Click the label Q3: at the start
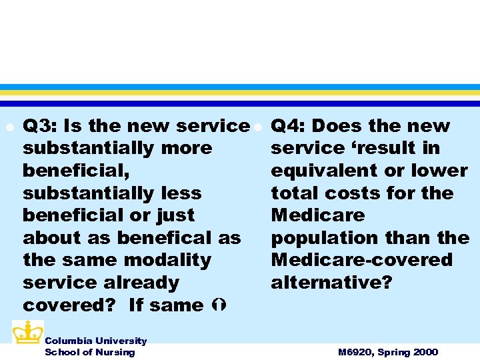click(x=41, y=126)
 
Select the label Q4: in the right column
click(x=289, y=126)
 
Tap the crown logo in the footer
click(x=27, y=332)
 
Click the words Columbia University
click(x=95, y=341)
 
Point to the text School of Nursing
click(x=89, y=352)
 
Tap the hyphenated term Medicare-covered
click(x=361, y=260)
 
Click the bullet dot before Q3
click(x=7, y=127)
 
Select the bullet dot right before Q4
click(x=256, y=127)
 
